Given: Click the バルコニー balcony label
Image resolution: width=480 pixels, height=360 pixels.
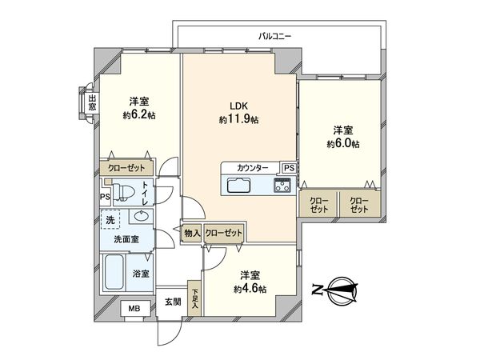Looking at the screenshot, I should pos(274,37).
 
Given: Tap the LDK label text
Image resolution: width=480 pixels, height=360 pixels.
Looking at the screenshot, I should pos(240,105).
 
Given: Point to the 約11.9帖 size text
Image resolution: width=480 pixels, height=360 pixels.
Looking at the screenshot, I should pos(239,119).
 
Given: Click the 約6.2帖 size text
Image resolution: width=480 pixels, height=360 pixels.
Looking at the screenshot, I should pos(139,115).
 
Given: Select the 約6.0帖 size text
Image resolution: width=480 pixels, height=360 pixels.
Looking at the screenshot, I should pos(342,144).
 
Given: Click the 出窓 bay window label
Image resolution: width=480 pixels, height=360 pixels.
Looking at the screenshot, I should pos(92,102).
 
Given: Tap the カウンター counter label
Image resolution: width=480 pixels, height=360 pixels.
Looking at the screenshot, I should pos(252,168).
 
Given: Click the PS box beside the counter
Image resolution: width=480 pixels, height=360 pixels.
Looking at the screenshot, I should pos(288,168).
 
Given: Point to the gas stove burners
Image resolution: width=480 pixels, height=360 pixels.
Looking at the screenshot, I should pos(283,186).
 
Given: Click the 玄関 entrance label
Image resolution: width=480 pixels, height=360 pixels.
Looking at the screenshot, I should pos(173,302).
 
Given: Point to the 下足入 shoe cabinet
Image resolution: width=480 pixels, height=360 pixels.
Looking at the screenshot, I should pos(194,297).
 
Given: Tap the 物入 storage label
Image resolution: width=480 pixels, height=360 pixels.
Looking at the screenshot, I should pos(191,233).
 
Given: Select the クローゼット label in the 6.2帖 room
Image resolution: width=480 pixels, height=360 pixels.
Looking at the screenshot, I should pos(126,170).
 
